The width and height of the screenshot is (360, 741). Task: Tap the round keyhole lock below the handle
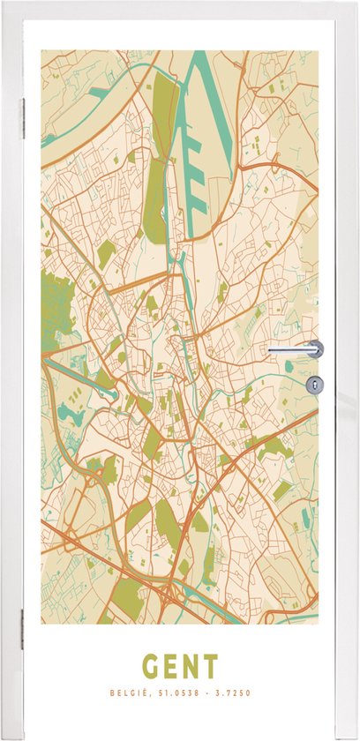click(316, 383)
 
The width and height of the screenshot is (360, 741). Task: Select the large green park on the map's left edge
click(55, 309)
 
